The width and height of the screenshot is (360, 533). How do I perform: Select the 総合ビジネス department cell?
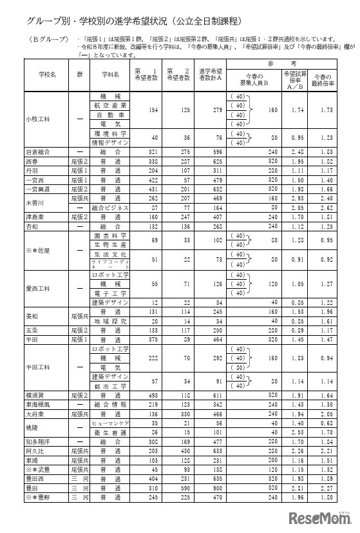click(x=110, y=208)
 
